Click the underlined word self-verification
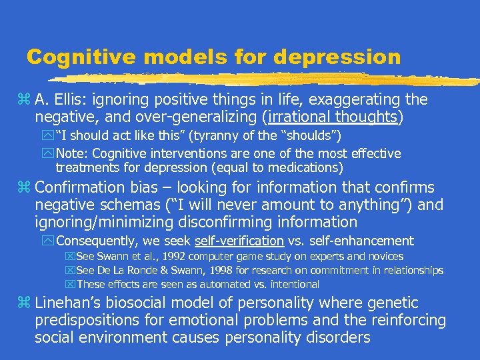coord(238,241)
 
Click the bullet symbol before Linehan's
coord(26,303)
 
